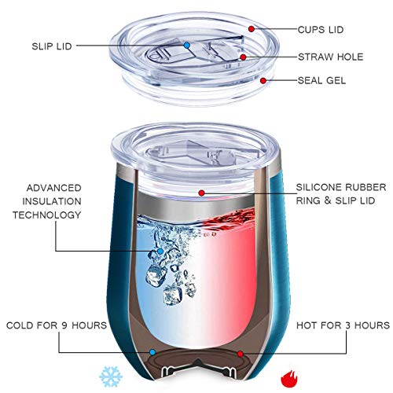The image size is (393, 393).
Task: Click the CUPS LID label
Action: pyautogui.click(x=321, y=30)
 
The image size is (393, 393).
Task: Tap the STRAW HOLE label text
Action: pyautogui.click(x=331, y=57)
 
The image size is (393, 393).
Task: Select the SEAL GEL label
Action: pyautogui.click(x=321, y=80)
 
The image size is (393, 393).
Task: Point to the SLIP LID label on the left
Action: pyautogui.click(x=52, y=46)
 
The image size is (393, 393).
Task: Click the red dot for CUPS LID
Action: pyautogui.click(x=252, y=29)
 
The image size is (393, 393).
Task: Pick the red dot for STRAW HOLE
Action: pyautogui.click(x=243, y=57)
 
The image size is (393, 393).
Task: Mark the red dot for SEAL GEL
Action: pyautogui.click(x=263, y=80)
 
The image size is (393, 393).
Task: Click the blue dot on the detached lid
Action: pyautogui.click(x=186, y=46)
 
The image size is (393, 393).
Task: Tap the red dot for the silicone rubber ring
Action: pyautogui.click(x=201, y=193)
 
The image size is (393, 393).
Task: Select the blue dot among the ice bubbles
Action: pyautogui.click(x=160, y=252)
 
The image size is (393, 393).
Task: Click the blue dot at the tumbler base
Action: pyautogui.click(x=152, y=352)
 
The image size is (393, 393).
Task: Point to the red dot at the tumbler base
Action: pyautogui.click(x=240, y=354)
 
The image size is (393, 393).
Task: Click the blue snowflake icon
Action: pyautogui.click(x=111, y=376)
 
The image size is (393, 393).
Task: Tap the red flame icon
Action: pyautogui.click(x=289, y=378)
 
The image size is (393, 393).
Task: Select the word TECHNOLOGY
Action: pyautogui.click(x=47, y=215)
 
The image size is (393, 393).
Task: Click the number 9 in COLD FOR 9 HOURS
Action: pyautogui.click(x=64, y=325)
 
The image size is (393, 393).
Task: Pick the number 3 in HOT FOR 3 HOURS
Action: pyautogui.click(x=347, y=325)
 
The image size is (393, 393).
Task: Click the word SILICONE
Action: pyautogui.click(x=318, y=187)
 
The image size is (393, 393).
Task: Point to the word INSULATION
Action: pyautogui.click(x=52, y=201)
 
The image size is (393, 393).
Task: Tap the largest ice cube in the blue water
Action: pyautogui.click(x=156, y=276)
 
